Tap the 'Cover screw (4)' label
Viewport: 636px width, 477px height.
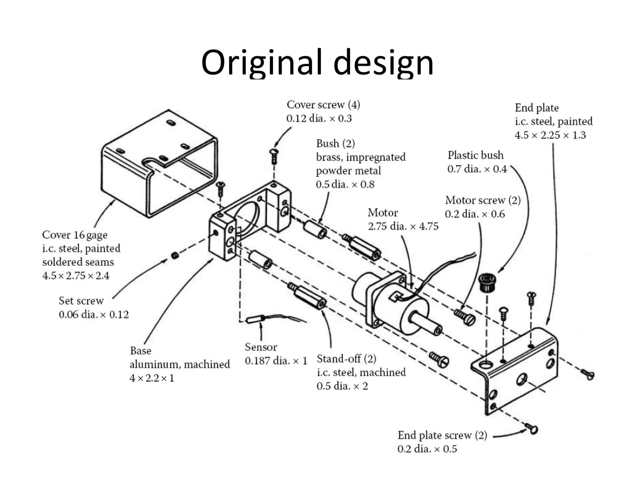[x=323, y=105]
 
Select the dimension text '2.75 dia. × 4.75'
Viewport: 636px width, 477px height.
[x=403, y=226]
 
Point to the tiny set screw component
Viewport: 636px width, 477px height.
[x=175, y=256]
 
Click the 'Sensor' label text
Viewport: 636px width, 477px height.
[x=261, y=347]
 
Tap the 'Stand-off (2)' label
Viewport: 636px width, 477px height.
[x=346, y=359]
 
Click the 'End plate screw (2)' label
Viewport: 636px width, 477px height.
[x=442, y=435]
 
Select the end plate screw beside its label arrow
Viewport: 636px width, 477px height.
[x=532, y=428]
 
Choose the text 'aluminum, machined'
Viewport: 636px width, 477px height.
[x=179, y=364]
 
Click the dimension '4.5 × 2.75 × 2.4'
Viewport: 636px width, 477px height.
[x=76, y=276]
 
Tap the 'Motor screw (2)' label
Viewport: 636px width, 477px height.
[x=483, y=200]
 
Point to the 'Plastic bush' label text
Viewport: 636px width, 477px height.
[x=475, y=155]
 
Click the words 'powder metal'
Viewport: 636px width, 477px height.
[x=348, y=171]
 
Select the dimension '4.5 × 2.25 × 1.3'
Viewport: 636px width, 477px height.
[x=550, y=135]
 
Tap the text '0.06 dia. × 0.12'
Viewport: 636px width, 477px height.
[x=93, y=315]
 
